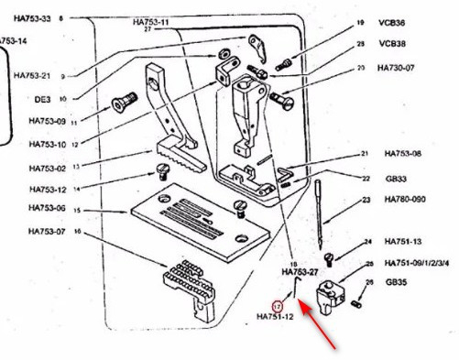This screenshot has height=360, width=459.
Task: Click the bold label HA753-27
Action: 300,272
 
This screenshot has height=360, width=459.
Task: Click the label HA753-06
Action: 48,208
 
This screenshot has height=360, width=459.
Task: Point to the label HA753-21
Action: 35,75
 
